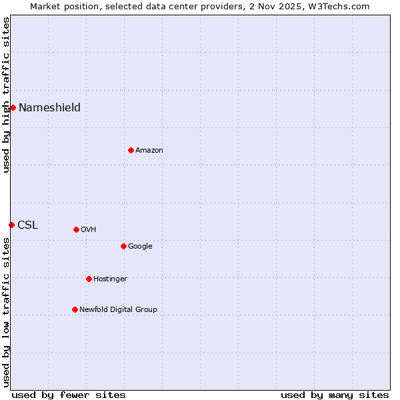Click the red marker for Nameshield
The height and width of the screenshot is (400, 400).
pos(13,107)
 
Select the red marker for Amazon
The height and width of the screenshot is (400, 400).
pos(131,150)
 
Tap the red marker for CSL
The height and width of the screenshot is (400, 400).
pos(11,225)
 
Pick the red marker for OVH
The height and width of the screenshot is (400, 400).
pos(76,229)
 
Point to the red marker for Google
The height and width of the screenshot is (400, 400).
pos(123,246)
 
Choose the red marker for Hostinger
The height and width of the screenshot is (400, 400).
pos(89,279)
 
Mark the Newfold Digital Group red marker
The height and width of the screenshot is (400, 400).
pos(75,309)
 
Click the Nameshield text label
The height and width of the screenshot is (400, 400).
pos(49,107)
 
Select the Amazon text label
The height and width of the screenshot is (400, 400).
pos(149,150)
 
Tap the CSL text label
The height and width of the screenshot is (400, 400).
pos(27,225)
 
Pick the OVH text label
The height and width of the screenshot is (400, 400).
pos(89,229)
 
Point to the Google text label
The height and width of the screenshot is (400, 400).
pos(140,246)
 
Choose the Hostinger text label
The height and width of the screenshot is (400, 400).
pos(110,279)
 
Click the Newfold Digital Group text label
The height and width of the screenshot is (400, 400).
pos(118,309)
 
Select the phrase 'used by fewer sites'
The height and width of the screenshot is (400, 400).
pos(69,395)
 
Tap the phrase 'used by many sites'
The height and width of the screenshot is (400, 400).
pos(335,395)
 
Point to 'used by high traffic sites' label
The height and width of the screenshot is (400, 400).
pos(6,95)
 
